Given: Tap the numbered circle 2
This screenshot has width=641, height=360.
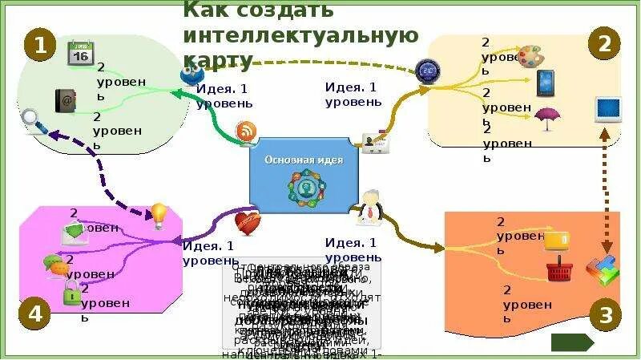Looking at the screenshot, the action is [x=604, y=44].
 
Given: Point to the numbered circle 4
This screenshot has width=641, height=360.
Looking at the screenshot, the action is [x=34, y=313].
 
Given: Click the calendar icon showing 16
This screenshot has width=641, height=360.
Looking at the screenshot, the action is [x=80, y=53].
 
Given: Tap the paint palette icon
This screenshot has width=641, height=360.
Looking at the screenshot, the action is [x=530, y=56].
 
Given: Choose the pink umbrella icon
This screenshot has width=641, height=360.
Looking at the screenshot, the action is [x=546, y=118].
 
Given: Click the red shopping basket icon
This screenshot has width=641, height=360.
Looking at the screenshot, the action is [x=558, y=270].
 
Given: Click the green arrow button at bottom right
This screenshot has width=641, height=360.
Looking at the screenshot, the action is [x=572, y=342].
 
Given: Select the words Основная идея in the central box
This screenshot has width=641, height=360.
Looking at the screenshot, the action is [x=304, y=160].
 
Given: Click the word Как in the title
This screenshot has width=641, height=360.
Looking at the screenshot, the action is [x=202, y=10].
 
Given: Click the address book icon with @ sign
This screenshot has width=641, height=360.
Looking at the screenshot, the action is [x=65, y=99].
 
